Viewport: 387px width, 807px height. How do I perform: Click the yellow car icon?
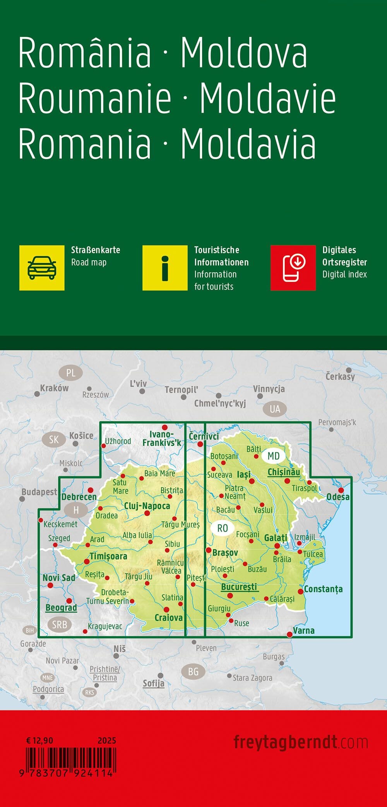[x=42, y=268]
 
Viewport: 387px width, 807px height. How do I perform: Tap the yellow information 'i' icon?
[x=165, y=268]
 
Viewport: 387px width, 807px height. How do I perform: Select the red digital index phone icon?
[x=293, y=268]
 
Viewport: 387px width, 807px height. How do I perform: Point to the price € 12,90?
[x=39, y=740]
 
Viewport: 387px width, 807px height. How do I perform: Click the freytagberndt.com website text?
[x=300, y=742]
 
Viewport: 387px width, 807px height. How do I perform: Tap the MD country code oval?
[x=273, y=456]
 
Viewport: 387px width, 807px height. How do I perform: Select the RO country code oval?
[x=223, y=528]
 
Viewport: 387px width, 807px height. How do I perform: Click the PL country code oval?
[x=71, y=373]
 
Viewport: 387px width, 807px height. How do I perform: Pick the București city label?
[x=239, y=587]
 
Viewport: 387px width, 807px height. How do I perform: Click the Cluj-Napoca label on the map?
[x=147, y=506]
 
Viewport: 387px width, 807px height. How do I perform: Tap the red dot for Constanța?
[x=301, y=591]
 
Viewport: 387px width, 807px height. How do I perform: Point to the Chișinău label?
[x=284, y=472]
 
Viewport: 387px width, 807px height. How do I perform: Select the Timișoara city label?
[x=108, y=556]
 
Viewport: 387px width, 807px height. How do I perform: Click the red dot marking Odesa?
[x=341, y=490]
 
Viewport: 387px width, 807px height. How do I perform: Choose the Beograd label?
[x=61, y=608]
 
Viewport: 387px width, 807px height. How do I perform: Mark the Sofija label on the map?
[x=154, y=683]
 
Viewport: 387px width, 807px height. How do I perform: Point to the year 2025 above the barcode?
[x=107, y=740]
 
